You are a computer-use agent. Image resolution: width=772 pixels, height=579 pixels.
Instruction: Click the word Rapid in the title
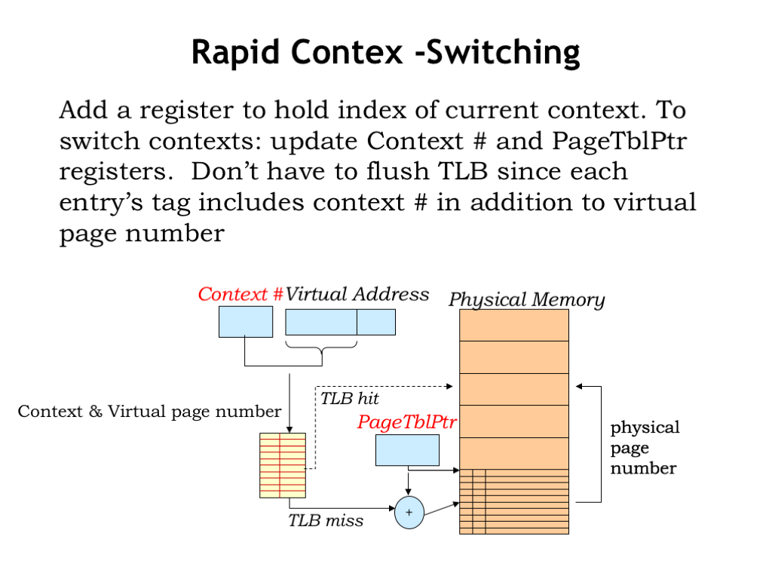236,53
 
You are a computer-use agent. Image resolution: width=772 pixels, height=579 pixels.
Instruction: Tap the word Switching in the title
503,53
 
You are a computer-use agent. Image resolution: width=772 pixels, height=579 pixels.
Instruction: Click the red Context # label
240,294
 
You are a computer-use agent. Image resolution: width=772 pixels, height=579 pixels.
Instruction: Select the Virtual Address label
357,294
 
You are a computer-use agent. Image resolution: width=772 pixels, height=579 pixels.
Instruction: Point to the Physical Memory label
526,299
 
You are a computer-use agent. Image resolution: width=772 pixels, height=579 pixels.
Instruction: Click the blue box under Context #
246,321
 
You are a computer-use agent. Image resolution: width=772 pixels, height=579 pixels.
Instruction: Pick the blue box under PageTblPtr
407,450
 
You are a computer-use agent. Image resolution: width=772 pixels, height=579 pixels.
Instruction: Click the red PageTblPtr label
406,422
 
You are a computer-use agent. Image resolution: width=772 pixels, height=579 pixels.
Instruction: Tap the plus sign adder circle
409,513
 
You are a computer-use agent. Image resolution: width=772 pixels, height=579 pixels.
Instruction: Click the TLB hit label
350,398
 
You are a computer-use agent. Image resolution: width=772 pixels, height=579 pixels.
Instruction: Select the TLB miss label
326,520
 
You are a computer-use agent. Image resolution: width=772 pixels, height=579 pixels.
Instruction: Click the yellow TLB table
283,465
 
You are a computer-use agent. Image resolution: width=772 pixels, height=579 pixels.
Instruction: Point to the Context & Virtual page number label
150,412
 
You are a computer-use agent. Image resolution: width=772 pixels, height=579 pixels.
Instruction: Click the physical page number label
645,448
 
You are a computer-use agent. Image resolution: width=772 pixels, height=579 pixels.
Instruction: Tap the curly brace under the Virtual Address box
321,347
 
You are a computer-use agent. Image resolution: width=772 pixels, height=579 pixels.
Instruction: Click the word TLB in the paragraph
462,172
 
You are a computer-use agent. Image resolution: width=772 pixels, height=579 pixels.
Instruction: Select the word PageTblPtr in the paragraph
620,141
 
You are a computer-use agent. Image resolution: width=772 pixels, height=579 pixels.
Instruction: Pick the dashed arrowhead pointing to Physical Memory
449,387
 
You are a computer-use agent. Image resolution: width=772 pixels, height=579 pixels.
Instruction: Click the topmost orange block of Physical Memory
514,325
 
